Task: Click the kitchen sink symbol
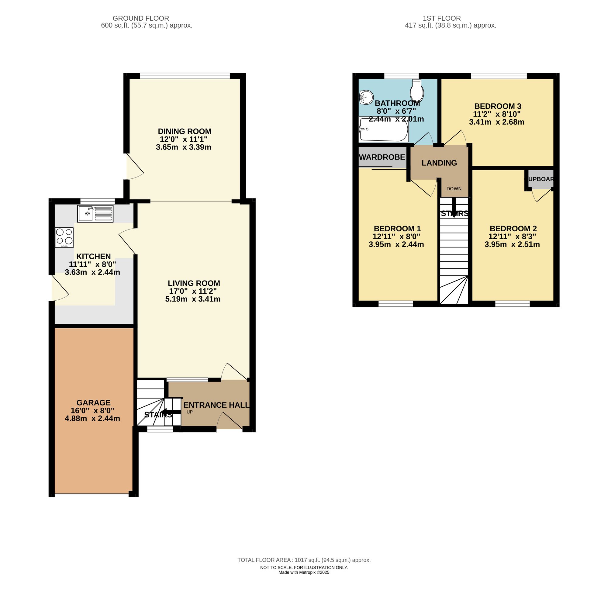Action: [x=95, y=214]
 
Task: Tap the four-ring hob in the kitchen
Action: [x=64, y=237]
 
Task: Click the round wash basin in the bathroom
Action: [x=366, y=97]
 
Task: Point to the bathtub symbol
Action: [x=383, y=129]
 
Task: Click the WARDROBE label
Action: [x=382, y=157]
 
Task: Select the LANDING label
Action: [x=439, y=163]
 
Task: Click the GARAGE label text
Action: [x=94, y=403]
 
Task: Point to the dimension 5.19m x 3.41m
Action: [x=193, y=299]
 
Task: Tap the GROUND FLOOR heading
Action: [x=141, y=19]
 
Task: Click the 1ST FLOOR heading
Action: [x=442, y=19]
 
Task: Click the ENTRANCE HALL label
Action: [x=216, y=405]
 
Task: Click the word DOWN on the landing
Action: [x=454, y=189]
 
